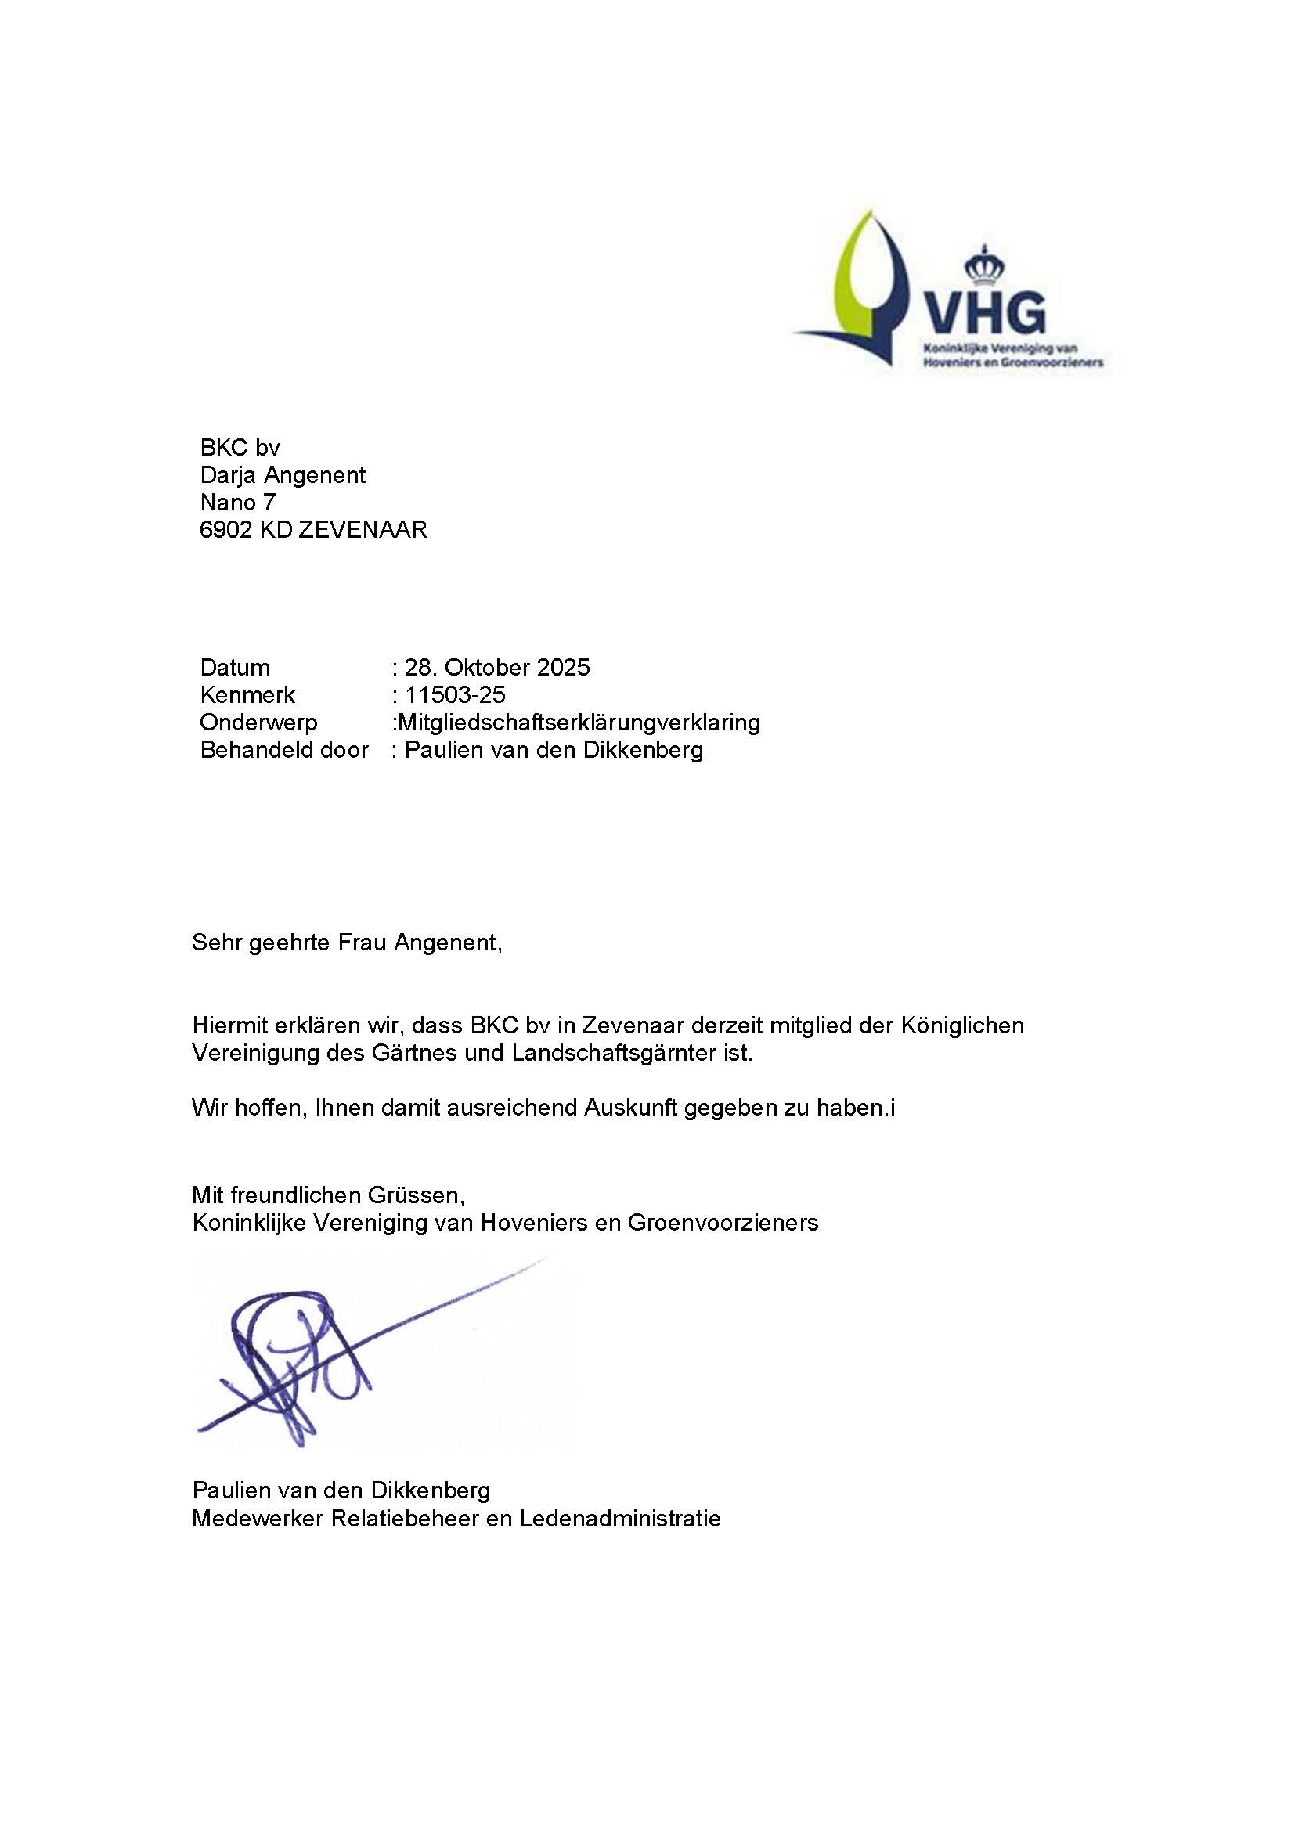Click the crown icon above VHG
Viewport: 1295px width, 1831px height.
(x=984, y=266)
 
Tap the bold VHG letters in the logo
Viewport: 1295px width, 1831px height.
(x=983, y=313)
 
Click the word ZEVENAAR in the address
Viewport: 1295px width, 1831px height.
(x=363, y=529)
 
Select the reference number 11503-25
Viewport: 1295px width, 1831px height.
(x=455, y=694)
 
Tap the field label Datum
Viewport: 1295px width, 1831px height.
(x=235, y=668)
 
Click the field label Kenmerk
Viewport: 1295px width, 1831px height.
(x=248, y=694)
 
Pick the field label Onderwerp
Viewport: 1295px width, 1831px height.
(x=258, y=723)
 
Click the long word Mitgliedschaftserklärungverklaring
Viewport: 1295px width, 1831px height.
(x=579, y=723)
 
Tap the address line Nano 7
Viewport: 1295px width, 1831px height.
(x=238, y=503)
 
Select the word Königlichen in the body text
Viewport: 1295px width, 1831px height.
(x=961, y=1025)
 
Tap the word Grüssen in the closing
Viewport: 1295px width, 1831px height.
(x=416, y=1195)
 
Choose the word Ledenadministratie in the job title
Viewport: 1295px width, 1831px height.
(x=619, y=1518)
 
